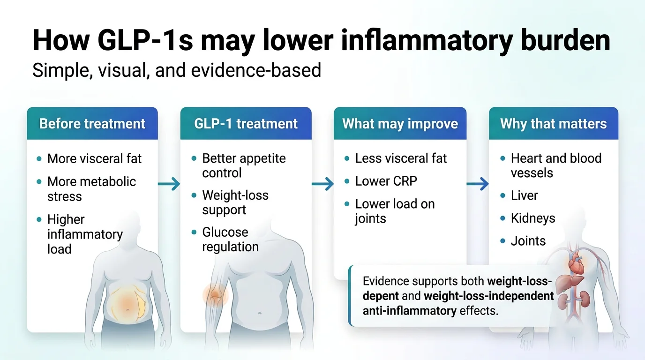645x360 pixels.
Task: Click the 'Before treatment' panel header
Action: (92, 124)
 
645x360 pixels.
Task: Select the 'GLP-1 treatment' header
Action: (246, 124)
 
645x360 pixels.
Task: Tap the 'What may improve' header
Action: (400, 124)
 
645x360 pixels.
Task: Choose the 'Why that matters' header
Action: (553, 124)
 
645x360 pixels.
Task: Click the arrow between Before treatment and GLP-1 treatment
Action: (169, 184)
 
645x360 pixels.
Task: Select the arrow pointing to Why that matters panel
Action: (477, 184)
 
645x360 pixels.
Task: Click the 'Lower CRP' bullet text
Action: (386, 181)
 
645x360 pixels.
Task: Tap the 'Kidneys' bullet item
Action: (532, 218)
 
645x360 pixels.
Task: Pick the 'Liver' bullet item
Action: (524, 195)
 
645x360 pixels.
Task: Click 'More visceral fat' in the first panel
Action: (94, 158)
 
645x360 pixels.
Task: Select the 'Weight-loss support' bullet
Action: (235, 202)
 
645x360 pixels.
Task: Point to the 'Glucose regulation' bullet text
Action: (230, 239)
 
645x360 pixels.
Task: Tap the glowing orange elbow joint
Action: (215, 295)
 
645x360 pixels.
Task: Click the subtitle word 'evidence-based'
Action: (257, 70)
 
